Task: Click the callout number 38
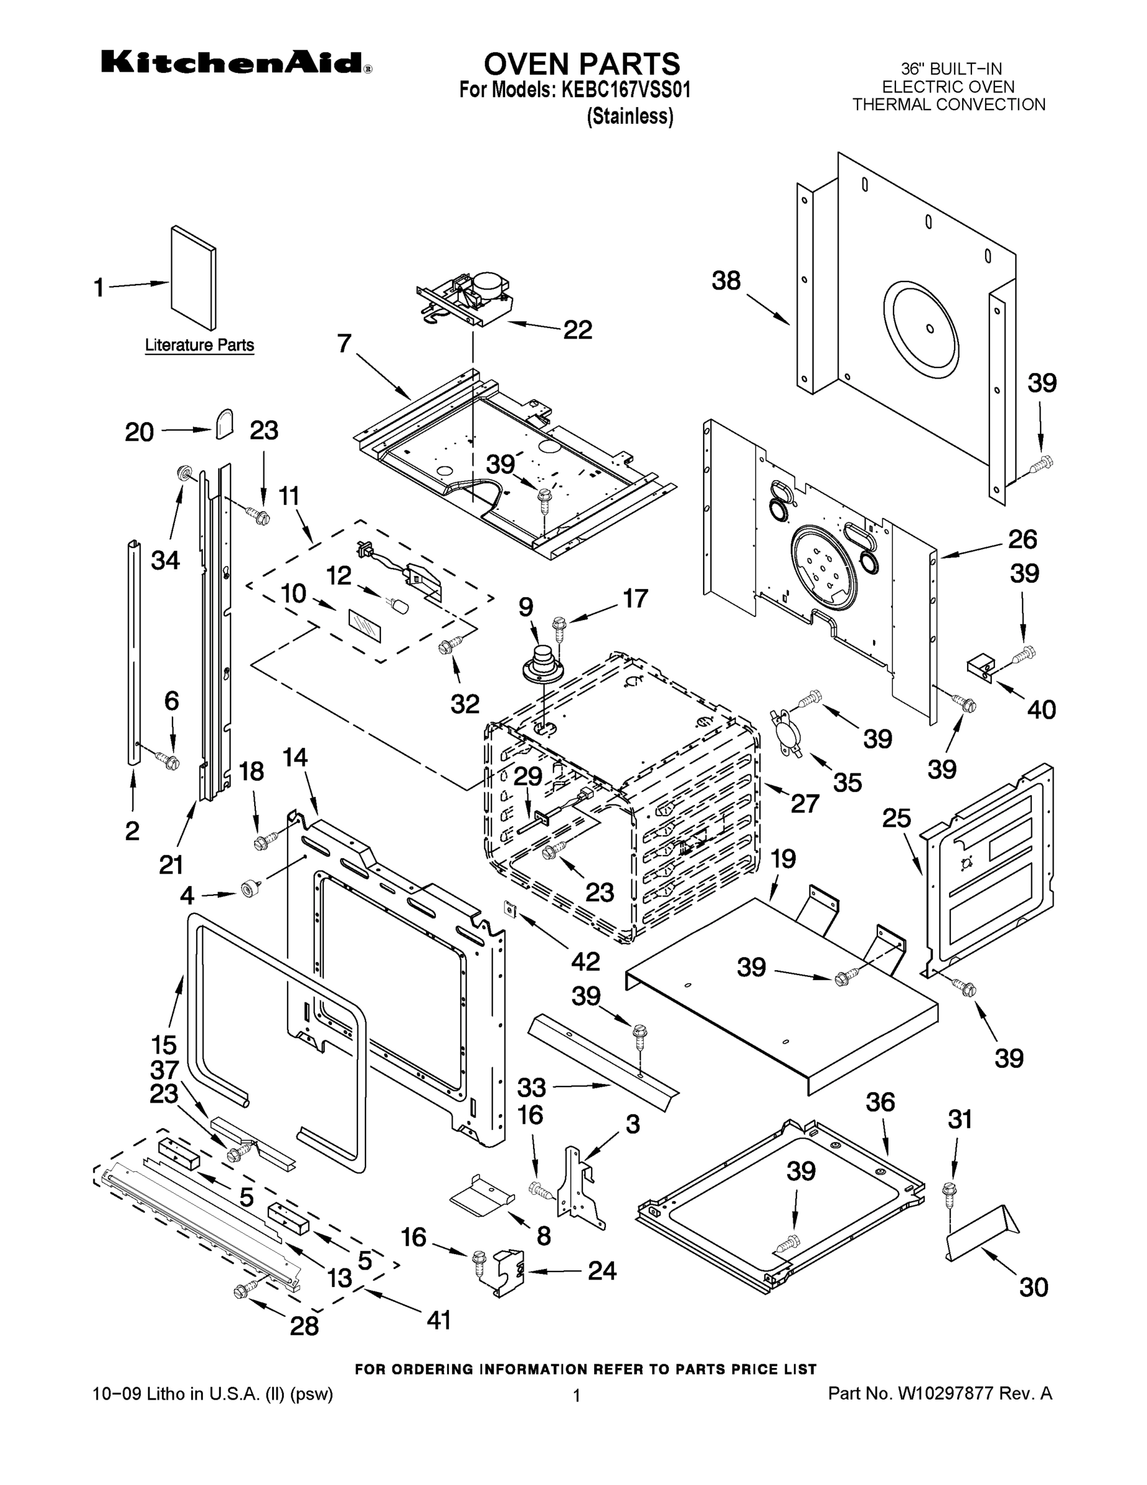pyautogui.click(x=726, y=281)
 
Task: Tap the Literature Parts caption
pyautogui.click(x=199, y=345)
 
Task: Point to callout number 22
pyautogui.click(x=577, y=330)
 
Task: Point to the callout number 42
pyautogui.click(x=585, y=961)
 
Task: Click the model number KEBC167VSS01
pyautogui.click(x=625, y=90)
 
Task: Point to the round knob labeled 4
pyautogui.click(x=250, y=889)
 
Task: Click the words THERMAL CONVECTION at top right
pyautogui.click(x=949, y=105)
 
